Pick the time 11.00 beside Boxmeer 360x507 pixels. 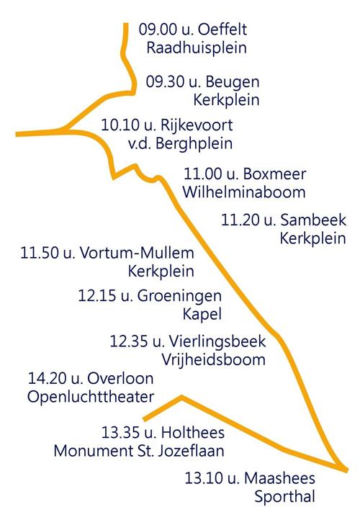pyautogui.click(x=202, y=174)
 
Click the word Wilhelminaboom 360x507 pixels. pyautogui.click(x=244, y=192)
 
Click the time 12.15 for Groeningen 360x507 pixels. pyautogui.click(x=96, y=295)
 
